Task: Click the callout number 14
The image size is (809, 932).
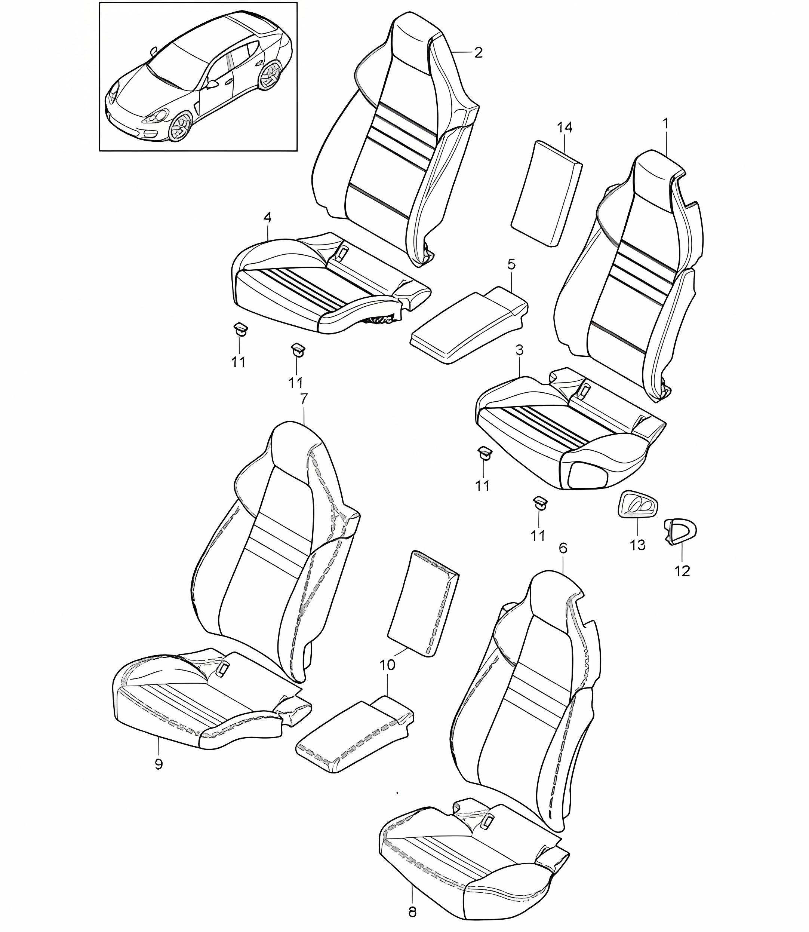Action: pyautogui.click(x=564, y=128)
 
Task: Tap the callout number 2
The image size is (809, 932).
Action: pyautogui.click(x=478, y=53)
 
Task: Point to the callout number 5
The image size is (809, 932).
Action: pyautogui.click(x=511, y=264)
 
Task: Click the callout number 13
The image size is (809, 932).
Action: pyautogui.click(x=637, y=545)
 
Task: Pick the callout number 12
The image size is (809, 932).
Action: pyautogui.click(x=682, y=571)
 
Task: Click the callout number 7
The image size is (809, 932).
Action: pyautogui.click(x=304, y=399)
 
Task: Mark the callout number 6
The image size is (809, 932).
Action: pyautogui.click(x=563, y=548)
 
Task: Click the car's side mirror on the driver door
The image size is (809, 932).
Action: pyautogui.click(x=212, y=84)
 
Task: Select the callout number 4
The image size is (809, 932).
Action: pyautogui.click(x=267, y=218)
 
